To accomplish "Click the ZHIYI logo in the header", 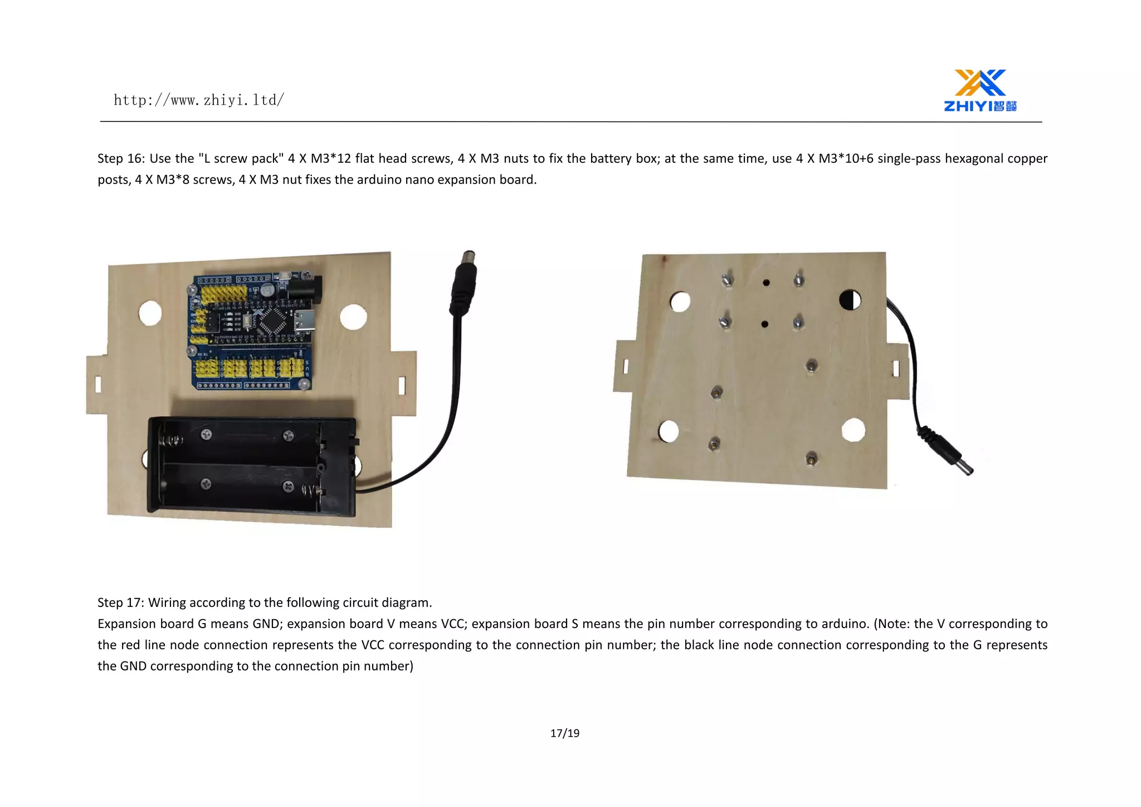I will point(981,90).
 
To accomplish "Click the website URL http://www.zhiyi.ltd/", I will point(199,100).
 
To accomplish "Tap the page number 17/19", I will point(564,733).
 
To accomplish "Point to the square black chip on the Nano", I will point(275,320).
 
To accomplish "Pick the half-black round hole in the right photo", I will point(850,300).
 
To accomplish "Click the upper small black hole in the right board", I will point(766,283).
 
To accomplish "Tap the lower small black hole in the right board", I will point(764,324).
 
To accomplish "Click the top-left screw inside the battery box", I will point(206,434).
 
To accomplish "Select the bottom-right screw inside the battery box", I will point(288,486).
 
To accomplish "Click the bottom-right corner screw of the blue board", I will point(304,384).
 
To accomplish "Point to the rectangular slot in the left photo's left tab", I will point(99,384).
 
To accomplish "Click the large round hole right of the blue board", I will point(353,317).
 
